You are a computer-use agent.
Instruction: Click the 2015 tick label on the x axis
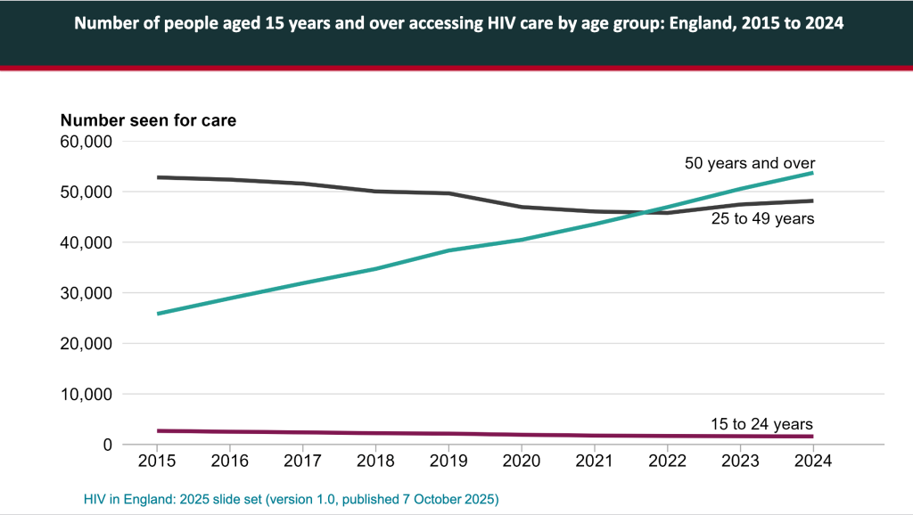coord(157,461)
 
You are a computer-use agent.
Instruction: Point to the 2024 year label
coord(813,461)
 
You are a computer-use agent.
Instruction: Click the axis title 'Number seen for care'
coord(148,120)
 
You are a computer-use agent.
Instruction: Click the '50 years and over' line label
coord(750,163)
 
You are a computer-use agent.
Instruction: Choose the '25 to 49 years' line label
coord(762,218)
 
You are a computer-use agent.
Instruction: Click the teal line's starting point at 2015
coord(157,314)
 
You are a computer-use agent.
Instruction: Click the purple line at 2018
coord(375,433)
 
